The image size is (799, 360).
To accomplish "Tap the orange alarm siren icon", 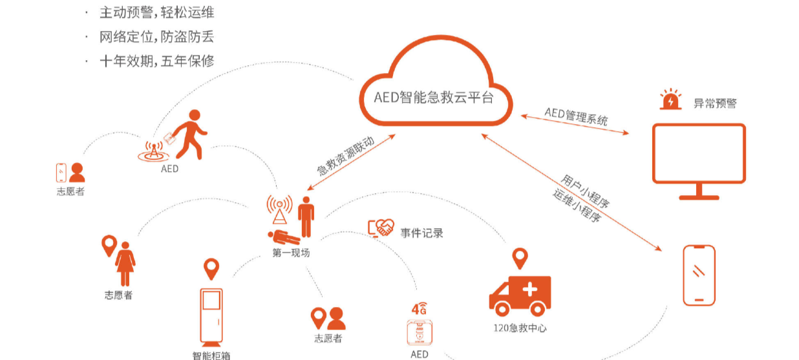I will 670,100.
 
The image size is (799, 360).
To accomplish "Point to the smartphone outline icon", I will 699,275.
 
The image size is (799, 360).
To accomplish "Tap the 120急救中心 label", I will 520,328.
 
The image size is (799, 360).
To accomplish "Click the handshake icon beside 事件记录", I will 381,228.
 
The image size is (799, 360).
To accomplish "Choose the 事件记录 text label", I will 421,233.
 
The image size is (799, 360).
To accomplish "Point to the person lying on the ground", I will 282,236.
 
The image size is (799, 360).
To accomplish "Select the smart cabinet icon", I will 211,316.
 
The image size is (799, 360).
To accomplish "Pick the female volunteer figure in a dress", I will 125,263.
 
